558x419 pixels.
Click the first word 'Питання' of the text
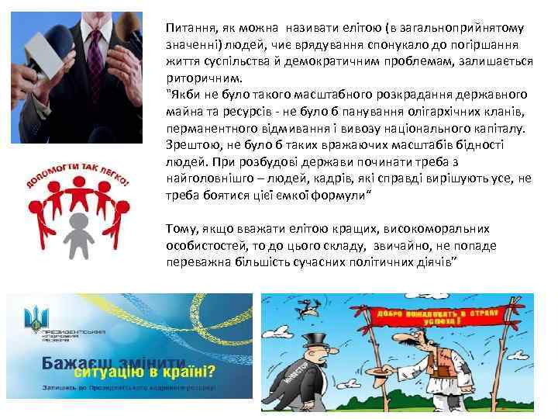(x=186, y=26)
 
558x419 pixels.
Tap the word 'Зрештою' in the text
(x=191, y=144)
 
